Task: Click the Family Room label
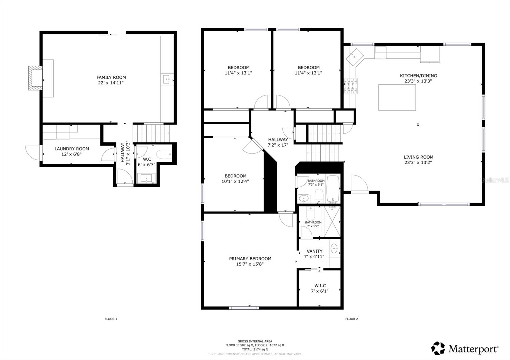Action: [111, 77]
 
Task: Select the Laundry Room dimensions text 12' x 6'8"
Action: [72, 154]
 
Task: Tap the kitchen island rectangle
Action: [397, 97]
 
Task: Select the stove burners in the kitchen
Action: [351, 86]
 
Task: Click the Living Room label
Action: [418, 157]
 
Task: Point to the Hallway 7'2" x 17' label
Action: [278, 142]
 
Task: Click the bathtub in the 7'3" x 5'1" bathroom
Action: [333, 189]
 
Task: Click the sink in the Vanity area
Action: [334, 248]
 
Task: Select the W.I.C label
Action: [320, 286]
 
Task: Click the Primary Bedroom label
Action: [250, 259]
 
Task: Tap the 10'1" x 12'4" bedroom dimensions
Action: [235, 182]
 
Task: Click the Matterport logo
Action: [465, 349]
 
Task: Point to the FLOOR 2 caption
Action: [351, 319]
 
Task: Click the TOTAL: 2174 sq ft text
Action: [255, 349]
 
